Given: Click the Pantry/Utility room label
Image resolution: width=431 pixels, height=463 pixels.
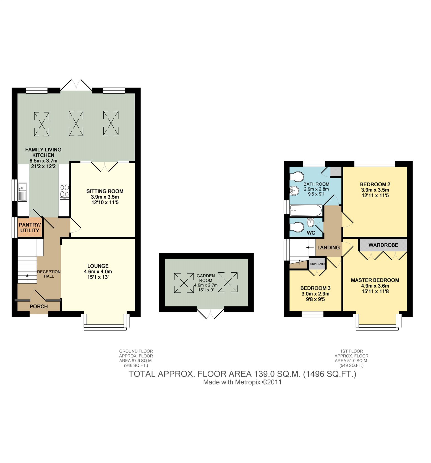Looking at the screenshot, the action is (30, 228).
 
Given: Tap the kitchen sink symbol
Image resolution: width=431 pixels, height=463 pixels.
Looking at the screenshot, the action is (22, 192).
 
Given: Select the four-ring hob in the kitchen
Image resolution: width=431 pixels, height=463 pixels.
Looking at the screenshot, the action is (64, 191).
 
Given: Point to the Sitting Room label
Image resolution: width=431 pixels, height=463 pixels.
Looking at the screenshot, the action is (105, 191).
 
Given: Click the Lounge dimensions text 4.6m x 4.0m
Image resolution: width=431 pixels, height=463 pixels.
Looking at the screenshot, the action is (98, 272).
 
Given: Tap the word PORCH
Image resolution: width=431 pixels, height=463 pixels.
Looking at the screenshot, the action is (39, 306).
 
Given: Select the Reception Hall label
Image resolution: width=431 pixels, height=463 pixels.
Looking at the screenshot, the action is (49, 274).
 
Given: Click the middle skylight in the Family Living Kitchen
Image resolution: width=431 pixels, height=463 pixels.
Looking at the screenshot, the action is (76, 123).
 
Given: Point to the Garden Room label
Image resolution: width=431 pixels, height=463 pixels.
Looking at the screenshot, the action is (206, 278).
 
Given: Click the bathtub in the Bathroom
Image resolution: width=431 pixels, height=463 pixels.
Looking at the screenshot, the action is (306, 211).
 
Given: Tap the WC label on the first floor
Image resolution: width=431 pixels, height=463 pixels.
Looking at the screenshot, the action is (311, 233).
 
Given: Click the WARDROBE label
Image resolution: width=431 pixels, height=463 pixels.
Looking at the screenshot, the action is (383, 245).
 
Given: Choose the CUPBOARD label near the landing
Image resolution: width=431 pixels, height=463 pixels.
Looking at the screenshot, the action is (317, 264).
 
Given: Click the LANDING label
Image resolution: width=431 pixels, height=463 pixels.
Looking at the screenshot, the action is (328, 248).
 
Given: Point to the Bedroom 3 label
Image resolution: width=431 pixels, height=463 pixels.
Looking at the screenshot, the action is (315, 288).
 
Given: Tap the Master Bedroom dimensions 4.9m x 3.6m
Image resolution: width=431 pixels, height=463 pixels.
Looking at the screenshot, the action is (375, 286).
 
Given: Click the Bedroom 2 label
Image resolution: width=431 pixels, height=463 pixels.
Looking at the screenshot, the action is (375, 184).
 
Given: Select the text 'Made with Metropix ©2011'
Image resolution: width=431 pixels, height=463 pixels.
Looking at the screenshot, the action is (242, 382).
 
